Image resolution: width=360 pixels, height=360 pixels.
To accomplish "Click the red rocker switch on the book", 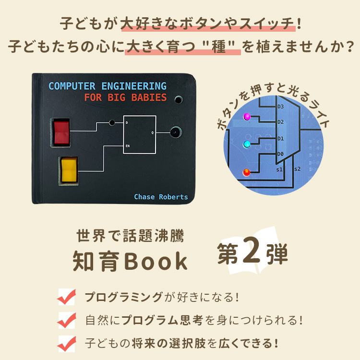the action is coord(61,132).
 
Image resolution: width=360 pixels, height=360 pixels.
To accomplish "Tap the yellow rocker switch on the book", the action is coord(69,170).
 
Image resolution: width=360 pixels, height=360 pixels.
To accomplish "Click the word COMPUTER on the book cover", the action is coord(72,86).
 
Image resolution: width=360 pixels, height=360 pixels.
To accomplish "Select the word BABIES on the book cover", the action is coord(149,97).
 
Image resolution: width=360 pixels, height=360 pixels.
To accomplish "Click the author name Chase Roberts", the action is coord(161,197).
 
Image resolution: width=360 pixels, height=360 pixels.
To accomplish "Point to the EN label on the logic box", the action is coord(128,146).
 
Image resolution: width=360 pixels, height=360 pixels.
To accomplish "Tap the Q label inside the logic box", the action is coord(153,132).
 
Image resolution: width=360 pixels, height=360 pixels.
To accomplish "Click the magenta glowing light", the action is coord(247,117).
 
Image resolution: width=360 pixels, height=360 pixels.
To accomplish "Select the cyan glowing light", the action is coord(247,144).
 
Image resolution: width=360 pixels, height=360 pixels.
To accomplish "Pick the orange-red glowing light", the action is coord(246,172).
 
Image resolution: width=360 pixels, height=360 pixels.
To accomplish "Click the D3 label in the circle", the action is coord(281,107).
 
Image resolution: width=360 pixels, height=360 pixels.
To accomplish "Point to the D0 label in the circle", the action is coord(280,154).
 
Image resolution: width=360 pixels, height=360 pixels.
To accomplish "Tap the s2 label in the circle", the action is coord(297,169).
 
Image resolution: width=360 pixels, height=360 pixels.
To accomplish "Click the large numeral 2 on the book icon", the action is coord(252,251).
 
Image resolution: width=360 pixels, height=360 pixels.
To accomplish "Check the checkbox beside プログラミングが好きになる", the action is coord(67,297).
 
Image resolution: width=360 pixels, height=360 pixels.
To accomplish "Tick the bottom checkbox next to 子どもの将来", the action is coord(67,344).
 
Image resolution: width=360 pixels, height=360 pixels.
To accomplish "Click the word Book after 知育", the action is coord(156,262).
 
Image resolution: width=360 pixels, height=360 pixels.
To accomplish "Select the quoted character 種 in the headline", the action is coord(219,47).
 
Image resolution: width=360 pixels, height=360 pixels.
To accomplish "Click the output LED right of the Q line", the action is coord(176,132).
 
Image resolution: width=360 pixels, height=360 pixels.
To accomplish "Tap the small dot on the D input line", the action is coord(112,122).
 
